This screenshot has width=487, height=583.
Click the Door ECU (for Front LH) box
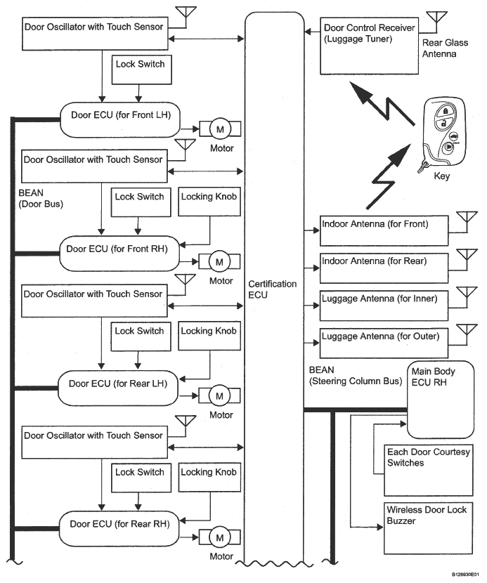(120, 119)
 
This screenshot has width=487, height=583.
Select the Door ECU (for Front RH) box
(119, 254)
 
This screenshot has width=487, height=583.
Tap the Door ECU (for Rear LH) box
(118, 388)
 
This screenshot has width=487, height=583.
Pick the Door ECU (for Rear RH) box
(119, 528)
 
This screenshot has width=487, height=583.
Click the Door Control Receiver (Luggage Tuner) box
(369, 46)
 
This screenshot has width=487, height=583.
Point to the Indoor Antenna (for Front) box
(384, 230)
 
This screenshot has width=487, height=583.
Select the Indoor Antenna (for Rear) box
(384, 268)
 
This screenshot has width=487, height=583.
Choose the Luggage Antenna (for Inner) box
(384, 306)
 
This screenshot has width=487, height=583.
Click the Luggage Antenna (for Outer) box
(384, 343)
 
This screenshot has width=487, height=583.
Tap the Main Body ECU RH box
(441, 400)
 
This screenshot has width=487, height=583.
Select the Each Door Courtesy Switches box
(429, 471)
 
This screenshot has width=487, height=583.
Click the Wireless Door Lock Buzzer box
(428, 528)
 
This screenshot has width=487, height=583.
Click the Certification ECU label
(273, 289)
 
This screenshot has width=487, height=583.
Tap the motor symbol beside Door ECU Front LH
(220, 129)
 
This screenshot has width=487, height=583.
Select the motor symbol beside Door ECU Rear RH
(219, 537)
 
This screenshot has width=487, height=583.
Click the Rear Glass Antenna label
(445, 48)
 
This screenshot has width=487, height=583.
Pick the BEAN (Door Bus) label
(41, 198)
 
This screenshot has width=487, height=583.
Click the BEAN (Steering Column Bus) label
(356, 376)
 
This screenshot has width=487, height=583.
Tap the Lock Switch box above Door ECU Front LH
(142, 70)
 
